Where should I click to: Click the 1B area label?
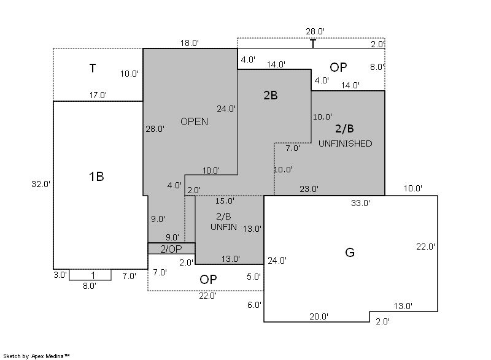[x=96, y=177]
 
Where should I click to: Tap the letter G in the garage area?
[x=350, y=252]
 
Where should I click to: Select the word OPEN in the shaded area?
[x=194, y=121]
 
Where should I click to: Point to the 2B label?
[x=271, y=95]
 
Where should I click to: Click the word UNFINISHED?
[x=345, y=144]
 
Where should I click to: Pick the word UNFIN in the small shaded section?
[x=223, y=227]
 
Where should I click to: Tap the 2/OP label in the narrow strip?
[x=171, y=249]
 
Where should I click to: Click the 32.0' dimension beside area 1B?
[x=41, y=184]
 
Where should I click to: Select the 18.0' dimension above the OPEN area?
[x=190, y=43]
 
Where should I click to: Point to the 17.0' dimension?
[x=98, y=95]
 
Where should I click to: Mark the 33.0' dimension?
[x=360, y=203]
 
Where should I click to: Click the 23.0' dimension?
[x=309, y=189]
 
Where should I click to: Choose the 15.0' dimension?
[x=225, y=201]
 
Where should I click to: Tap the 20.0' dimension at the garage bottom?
[x=319, y=316]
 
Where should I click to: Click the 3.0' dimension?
[x=60, y=275]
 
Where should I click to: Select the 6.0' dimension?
[x=254, y=305]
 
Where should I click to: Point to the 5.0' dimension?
[x=253, y=277]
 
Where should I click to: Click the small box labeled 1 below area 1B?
[x=90, y=275]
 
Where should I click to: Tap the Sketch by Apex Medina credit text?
[x=36, y=356]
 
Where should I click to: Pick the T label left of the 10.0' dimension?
[x=93, y=68]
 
